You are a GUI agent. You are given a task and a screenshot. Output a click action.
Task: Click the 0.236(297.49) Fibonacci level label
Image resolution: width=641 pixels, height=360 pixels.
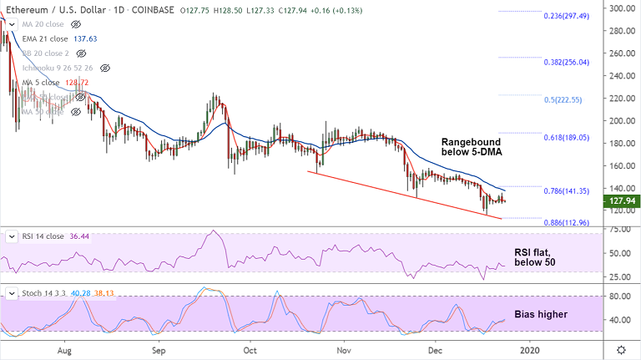pos(566,16)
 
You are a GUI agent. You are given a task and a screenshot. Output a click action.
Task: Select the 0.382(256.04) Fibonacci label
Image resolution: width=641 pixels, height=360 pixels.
pos(566,62)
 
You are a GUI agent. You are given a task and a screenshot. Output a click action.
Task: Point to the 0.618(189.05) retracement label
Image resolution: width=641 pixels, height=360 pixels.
pos(566,138)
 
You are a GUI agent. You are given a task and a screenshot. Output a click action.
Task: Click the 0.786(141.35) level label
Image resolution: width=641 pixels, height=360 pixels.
pos(566,191)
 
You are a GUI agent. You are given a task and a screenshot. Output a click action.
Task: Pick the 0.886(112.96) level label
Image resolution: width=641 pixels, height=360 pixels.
pos(566,223)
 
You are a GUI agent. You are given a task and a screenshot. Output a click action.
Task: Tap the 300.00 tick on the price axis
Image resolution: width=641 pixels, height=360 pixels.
pos(618,8)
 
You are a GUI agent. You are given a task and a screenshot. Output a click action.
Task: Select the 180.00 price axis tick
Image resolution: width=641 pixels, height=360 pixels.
pos(618,143)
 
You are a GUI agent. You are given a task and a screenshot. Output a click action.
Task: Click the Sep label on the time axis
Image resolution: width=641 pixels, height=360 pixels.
pos(157,350)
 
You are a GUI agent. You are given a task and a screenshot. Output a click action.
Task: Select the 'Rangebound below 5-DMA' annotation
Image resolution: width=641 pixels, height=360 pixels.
pos(472,147)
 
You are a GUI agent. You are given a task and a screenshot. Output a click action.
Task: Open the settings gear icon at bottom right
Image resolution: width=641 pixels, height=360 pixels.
pos(621,350)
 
